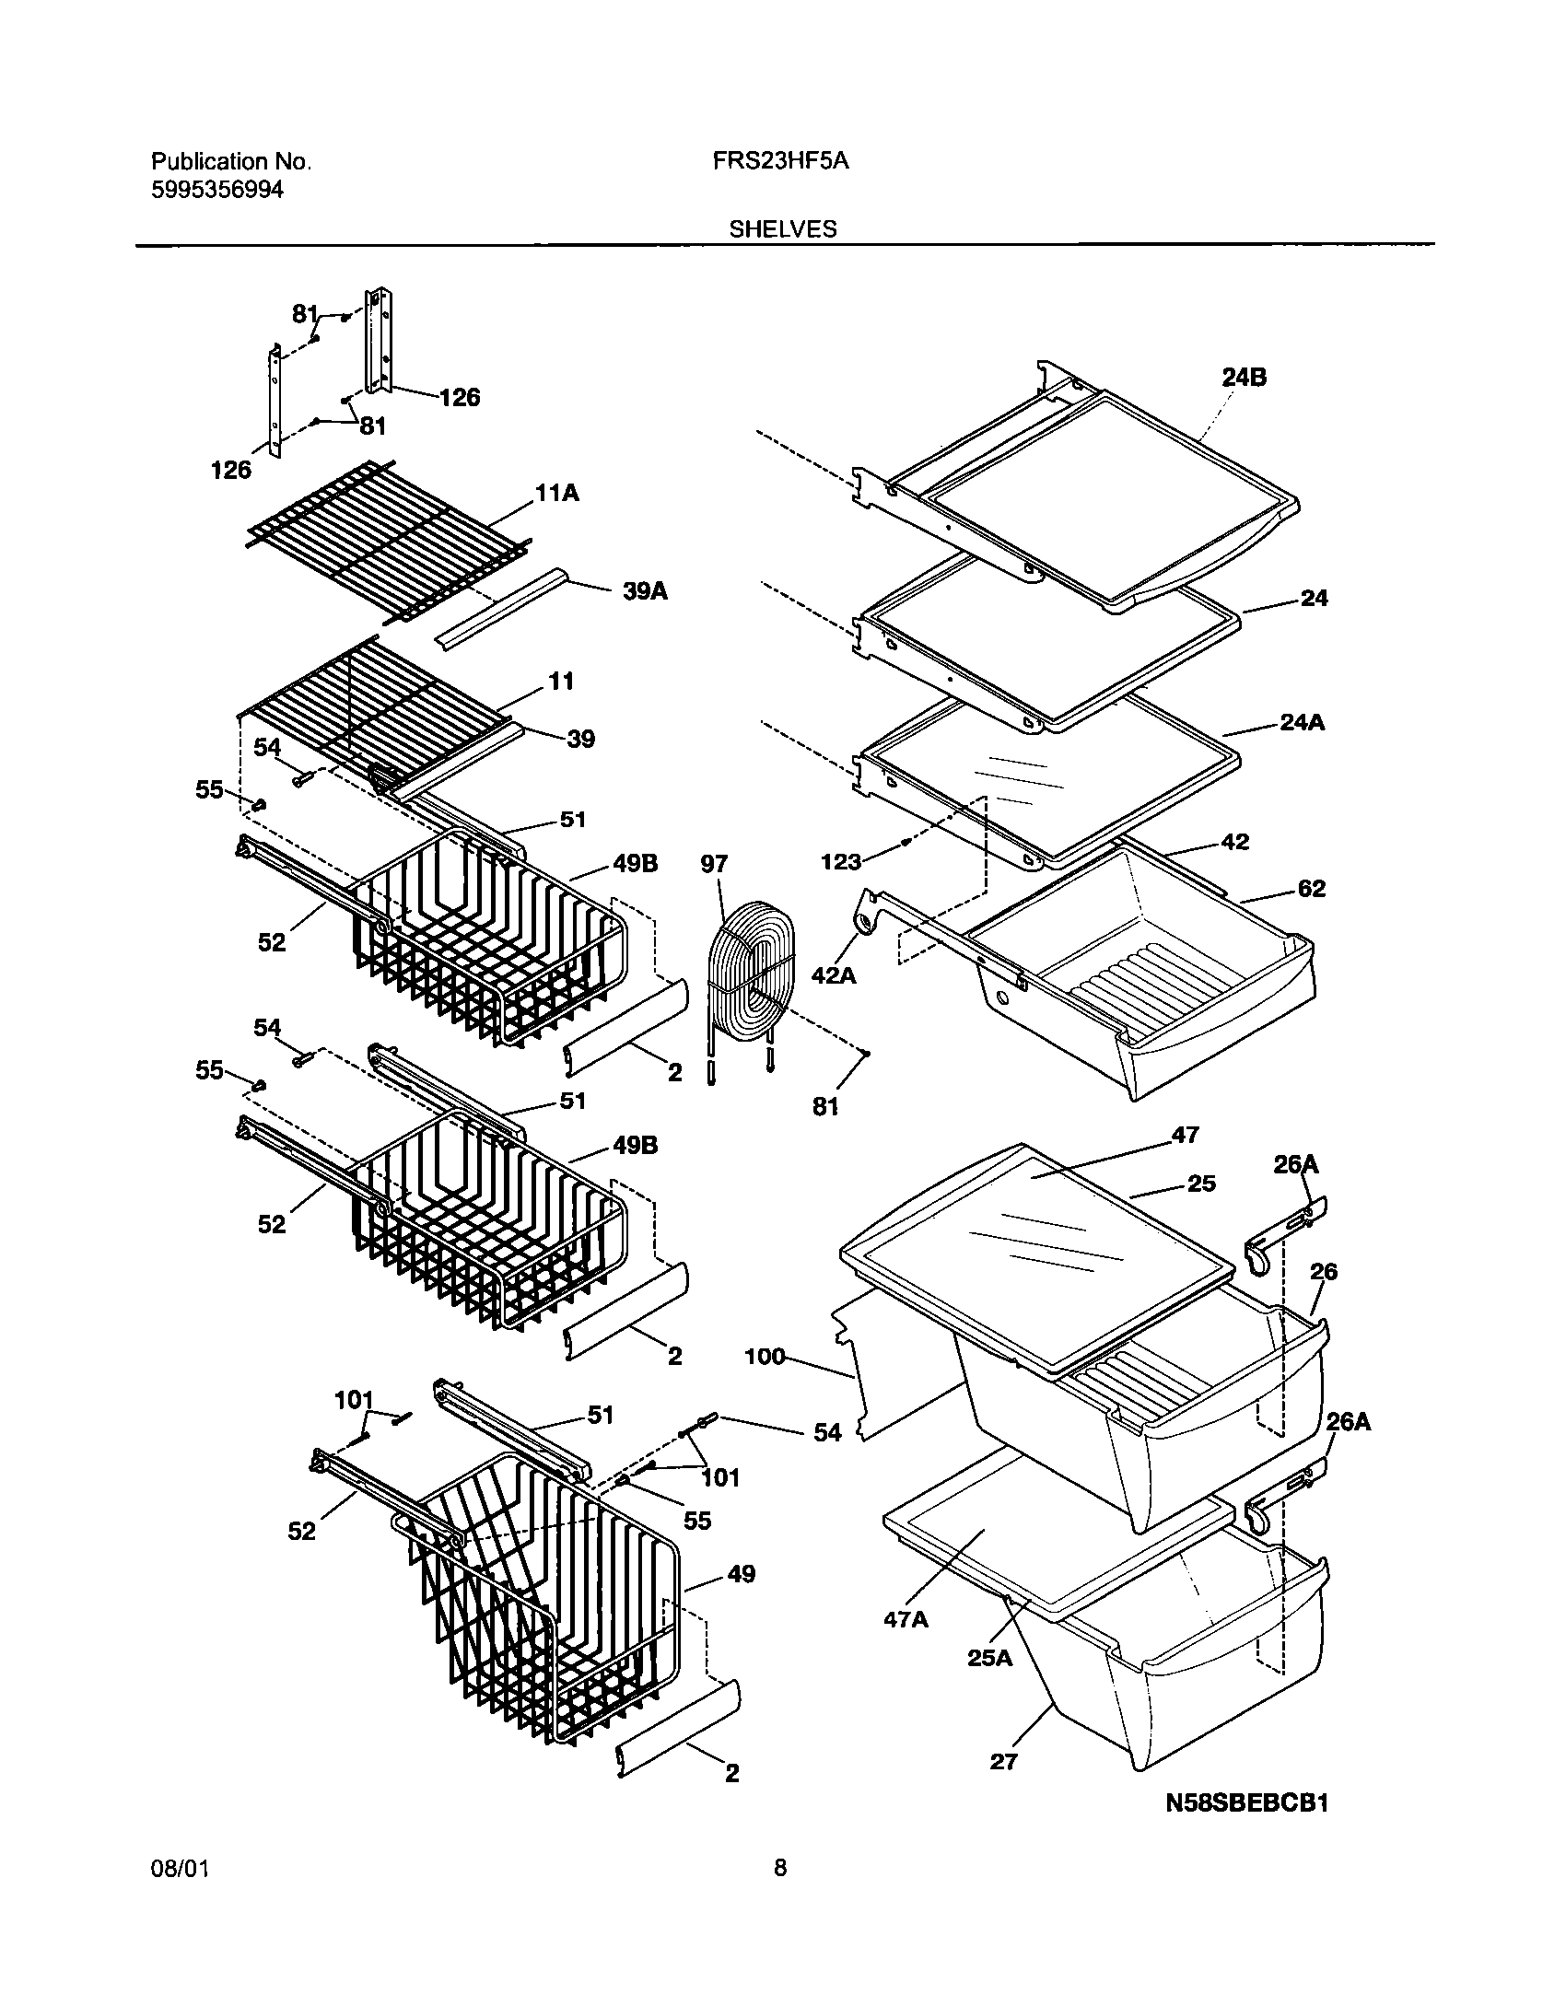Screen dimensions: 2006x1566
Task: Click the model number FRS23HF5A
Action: click(x=779, y=161)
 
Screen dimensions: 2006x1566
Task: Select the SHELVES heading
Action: click(x=783, y=229)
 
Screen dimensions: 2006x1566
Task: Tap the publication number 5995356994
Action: click(x=217, y=190)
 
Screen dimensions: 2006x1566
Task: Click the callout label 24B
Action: click(x=1244, y=378)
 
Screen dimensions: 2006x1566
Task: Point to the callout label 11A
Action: click(x=557, y=494)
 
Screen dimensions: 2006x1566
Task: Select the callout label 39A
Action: click(x=645, y=591)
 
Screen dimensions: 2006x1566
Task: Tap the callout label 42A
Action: click(x=834, y=974)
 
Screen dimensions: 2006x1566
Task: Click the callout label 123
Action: click(x=840, y=862)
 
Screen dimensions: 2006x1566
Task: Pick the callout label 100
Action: click(x=765, y=1356)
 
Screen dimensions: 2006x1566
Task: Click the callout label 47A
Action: click(x=906, y=1619)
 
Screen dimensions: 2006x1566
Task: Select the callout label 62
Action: click(x=1311, y=889)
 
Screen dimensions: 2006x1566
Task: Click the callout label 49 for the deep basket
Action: click(x=741, y=1573)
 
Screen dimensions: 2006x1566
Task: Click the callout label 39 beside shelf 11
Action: click(x=580, y=739)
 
